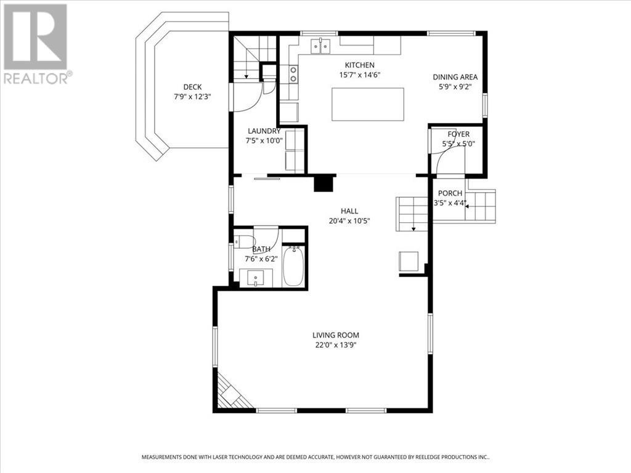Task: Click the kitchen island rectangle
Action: click(x=368, y=104)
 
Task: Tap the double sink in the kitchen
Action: click(x=320, y=46)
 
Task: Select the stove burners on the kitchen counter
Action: click(x=293, y=75)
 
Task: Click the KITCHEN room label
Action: click(x=359, y=65)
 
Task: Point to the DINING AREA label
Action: click(x=455, y=77)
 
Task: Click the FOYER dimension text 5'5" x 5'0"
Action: click(x=458, y=144)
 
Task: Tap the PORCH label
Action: click(x=450, y=193)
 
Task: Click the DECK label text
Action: click(x=192, y=87)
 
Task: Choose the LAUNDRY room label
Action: click(x=264, y=131)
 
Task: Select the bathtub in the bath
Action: click(x=294, y=267)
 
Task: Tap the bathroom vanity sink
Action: click(x=256, y=278)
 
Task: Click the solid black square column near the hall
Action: click(x=323, y=183)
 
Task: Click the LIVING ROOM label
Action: click(x=335, y=335)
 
